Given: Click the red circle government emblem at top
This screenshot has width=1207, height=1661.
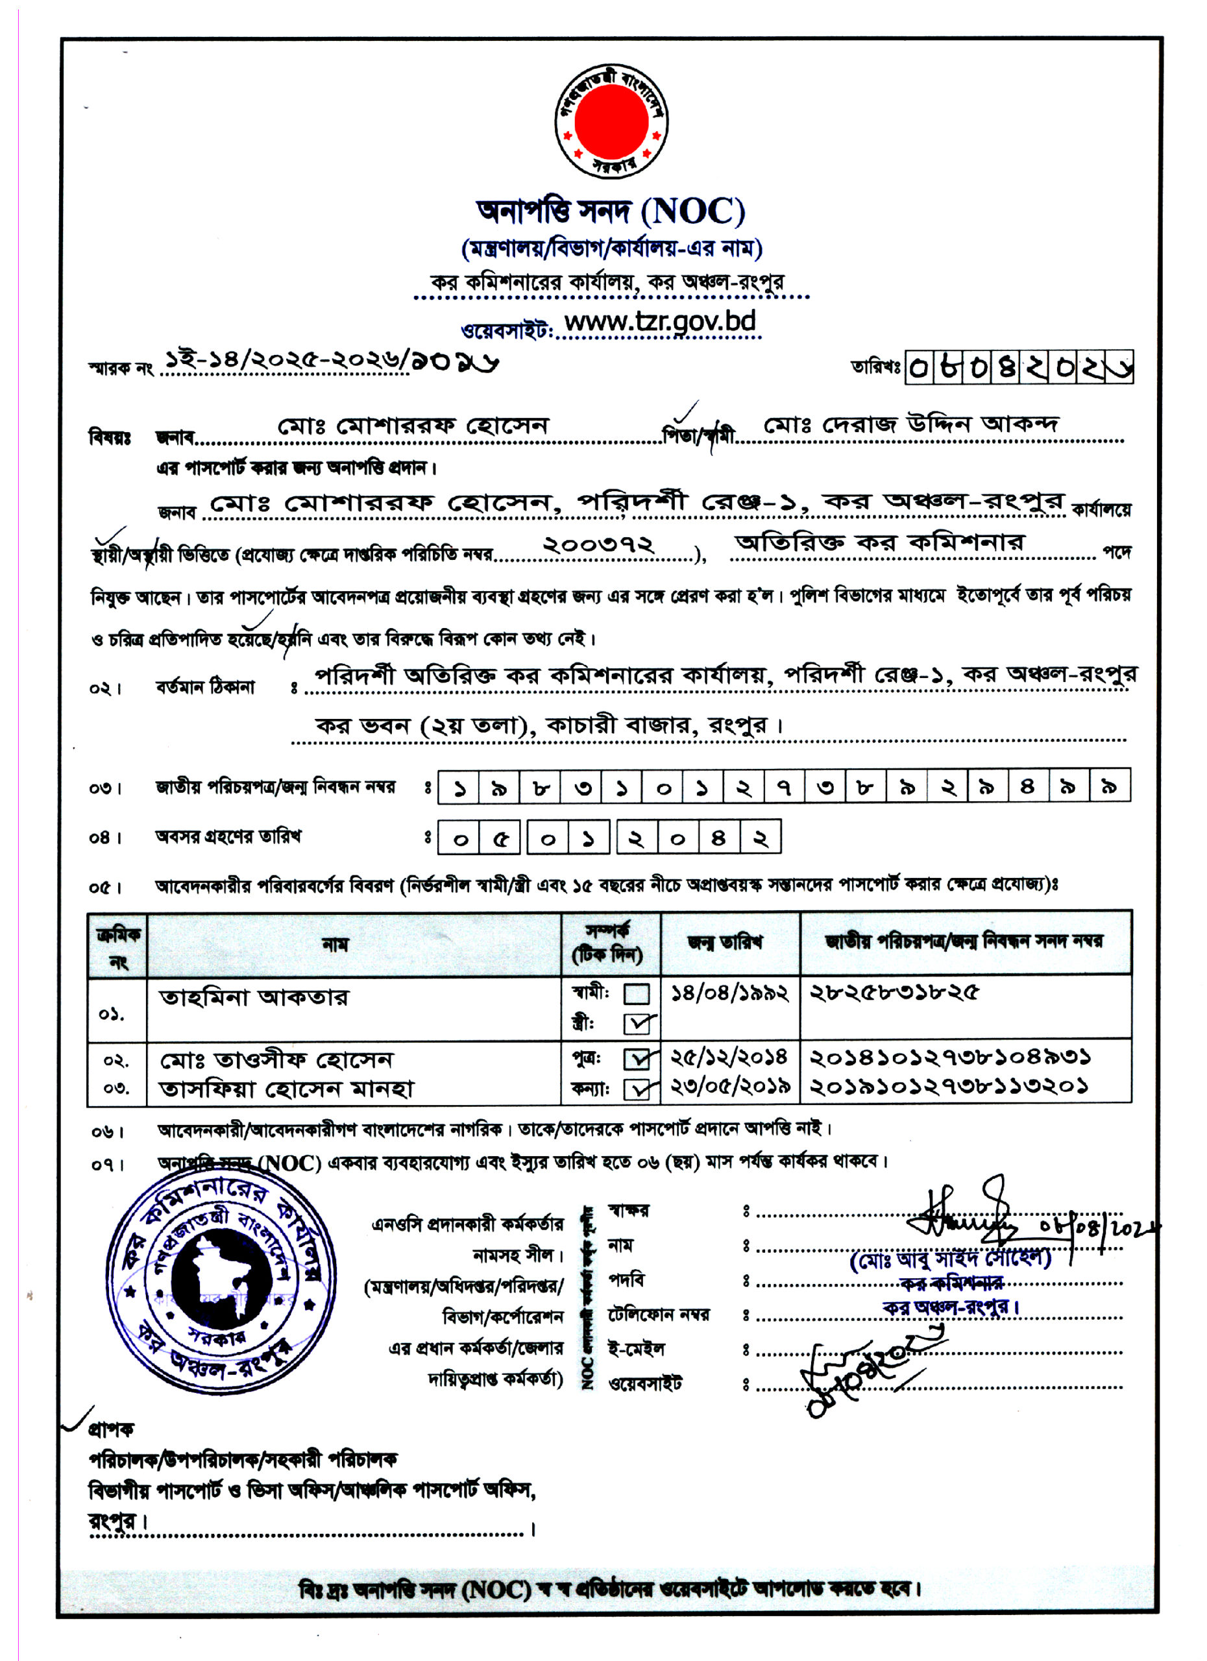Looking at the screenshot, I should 610,121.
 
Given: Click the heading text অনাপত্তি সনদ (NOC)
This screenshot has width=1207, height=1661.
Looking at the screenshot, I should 610,212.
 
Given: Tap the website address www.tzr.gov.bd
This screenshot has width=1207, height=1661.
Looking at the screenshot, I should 659,322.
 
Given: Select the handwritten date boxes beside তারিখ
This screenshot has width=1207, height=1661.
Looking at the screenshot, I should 1019,368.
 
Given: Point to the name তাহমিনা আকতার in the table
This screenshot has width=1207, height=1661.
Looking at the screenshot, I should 254,998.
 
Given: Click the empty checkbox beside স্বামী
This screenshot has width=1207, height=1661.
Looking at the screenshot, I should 637,994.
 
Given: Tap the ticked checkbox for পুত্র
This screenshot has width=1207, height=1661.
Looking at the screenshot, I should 637,1060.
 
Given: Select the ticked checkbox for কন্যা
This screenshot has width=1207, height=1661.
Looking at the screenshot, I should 637,1090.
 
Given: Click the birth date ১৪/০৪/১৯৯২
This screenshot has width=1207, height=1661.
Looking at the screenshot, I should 730,994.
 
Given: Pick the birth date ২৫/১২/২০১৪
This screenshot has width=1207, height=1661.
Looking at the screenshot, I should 730,1058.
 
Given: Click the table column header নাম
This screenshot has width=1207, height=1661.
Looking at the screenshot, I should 335,945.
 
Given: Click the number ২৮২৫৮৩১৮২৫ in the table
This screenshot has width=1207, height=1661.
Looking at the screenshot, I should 894,994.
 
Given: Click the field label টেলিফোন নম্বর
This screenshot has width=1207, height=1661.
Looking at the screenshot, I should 659,1315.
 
